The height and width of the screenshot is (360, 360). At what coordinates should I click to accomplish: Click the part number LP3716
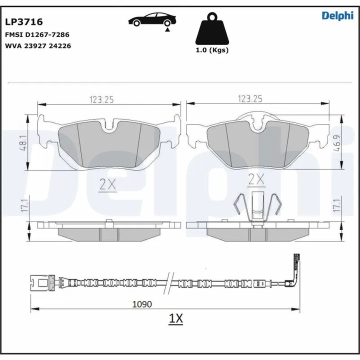pos(24,22)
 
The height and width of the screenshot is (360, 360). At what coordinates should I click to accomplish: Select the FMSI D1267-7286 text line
pos(37,35)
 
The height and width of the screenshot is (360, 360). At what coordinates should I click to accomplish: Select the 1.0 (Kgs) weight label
pos(211,50)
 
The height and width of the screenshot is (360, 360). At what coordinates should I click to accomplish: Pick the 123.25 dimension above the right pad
pos(250,100)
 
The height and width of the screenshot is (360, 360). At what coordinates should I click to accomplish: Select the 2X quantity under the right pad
pos(256,179)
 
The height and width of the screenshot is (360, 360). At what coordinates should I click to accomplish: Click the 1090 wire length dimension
pos(142,303)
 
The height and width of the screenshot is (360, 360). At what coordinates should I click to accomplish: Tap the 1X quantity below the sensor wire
pos(176,318)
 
